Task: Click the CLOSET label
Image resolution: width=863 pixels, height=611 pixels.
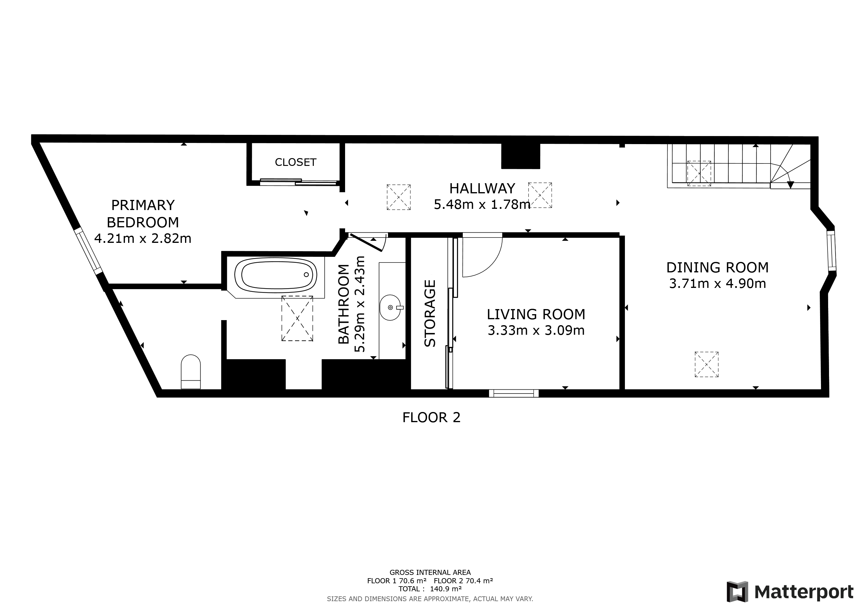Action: click(x=295, y=162)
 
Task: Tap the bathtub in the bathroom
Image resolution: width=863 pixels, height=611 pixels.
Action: click(x=277, y=275)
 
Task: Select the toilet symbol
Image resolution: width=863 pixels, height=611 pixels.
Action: click(x=190, y=371)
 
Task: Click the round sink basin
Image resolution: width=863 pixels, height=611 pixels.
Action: click(x=390, y=307)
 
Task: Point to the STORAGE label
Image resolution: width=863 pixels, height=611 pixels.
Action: click(x=430, y=313)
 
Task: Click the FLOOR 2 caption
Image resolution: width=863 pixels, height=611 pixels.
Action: click(x=431, y=418)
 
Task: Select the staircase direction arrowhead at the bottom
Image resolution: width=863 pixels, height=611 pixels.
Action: click(x=791, y=185)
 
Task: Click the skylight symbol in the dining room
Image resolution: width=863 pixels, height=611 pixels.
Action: click(x=706, y=364)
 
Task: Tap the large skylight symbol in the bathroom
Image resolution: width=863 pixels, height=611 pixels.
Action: click(x=297, y=318)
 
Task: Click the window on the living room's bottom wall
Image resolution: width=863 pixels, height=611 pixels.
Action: click(x=514, y=393)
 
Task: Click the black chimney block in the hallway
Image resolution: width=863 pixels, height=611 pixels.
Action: click(x=521, y=156)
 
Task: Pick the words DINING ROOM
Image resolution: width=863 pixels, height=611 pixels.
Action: click(x=717, y=268)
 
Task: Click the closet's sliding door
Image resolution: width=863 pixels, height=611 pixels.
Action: click(x=298, y=182)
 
